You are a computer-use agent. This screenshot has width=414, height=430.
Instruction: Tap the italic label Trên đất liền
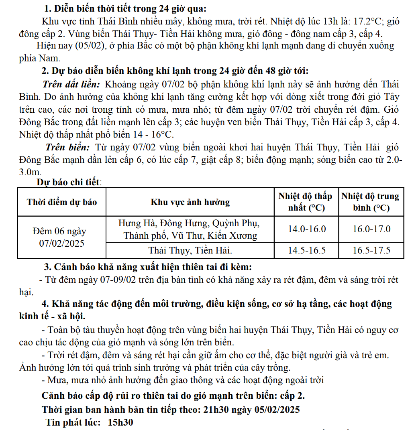click(x=71, y=85)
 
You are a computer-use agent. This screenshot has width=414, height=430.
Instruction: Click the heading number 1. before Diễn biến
click(x=48, y=8)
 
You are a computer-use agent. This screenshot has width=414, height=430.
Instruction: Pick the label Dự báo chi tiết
click(x=69, y=183)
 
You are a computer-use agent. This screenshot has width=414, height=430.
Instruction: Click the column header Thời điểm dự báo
click(x=62, y=202)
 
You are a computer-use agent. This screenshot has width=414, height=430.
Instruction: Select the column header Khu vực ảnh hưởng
click(x=190, y=202)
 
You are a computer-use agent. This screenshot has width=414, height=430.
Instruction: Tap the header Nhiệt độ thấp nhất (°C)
click(x=306, y=202)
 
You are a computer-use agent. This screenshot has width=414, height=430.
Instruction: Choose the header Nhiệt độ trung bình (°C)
click(x=371, y=202)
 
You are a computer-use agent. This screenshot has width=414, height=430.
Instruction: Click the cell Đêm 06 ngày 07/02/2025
click(x=62, y=237)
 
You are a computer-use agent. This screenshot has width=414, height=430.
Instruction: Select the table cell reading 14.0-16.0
click(x=307, y=229)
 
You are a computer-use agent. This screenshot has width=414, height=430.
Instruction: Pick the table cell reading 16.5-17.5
click(x=371, y=251)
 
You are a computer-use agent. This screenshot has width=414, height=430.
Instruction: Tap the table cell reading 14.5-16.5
click(x=307, y=251)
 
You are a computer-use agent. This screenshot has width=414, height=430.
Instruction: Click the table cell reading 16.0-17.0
click(x=371, y=229)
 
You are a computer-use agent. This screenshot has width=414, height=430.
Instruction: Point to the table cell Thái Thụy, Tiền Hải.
click(x=190, y=251)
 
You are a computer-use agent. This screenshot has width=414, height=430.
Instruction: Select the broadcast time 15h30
click(x=120, y=422)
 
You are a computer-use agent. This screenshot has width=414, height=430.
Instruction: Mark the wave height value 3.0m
click(x=30, y=172)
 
